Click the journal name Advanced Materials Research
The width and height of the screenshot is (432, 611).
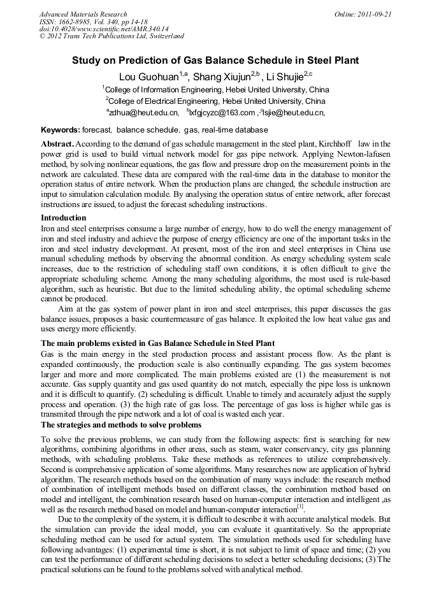83,14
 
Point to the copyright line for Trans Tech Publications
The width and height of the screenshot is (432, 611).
112,36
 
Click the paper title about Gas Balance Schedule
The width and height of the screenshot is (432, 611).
215,61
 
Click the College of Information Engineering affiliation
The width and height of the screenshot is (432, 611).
216,89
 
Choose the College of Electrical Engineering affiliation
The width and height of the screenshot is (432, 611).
215,101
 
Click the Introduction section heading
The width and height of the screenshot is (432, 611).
68,218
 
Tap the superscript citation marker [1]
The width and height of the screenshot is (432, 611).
300,507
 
